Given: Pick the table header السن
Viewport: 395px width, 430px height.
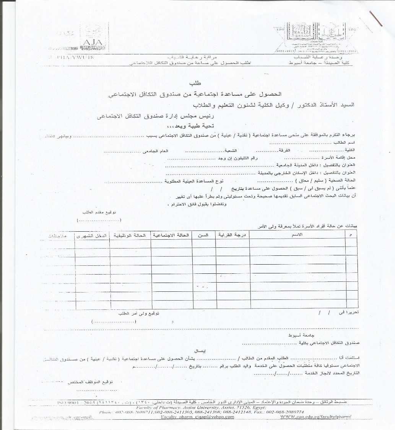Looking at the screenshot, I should pyautogui.click(x=205, y=235).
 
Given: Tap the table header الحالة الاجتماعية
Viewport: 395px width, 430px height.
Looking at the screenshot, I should pyautogui.click(x=171, y=235).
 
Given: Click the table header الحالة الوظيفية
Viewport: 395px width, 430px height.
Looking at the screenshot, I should pyautogui.click(x=130, y=235).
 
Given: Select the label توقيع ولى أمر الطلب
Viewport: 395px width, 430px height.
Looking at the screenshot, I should pyautogui.click(x=142, y=313).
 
